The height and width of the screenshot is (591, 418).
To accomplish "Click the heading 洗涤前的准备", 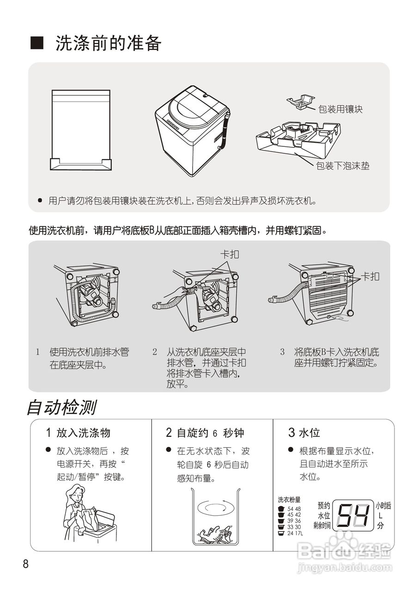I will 108,43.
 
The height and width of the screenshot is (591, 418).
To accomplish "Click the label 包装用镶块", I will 340,109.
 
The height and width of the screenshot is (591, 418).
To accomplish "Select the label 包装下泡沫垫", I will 343,166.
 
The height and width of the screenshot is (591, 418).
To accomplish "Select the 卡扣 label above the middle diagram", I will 230,254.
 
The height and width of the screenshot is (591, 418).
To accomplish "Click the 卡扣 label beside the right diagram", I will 370,276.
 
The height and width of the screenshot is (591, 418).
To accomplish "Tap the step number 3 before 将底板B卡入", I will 282,352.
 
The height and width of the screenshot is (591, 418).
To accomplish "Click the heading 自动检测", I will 61,408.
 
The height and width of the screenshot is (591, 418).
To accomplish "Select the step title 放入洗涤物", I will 83,433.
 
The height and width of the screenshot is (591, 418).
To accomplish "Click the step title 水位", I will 309,433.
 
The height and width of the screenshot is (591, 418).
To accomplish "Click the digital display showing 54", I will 354,515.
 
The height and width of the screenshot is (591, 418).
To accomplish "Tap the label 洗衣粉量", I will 289,500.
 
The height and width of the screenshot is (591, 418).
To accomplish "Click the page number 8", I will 26,564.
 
